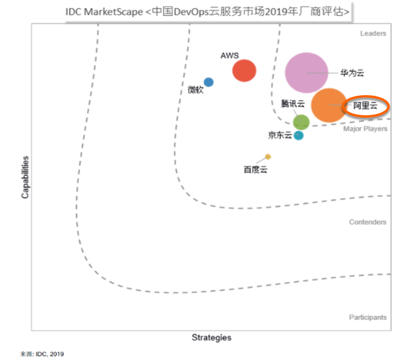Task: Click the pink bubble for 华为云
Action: click(306, 72)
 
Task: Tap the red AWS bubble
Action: click(244, 71)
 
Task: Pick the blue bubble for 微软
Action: click(208, 82)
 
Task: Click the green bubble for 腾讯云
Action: click(301, 122)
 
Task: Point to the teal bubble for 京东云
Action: click(299, 135)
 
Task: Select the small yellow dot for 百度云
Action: click(268, 156)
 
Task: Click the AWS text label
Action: click(229, 56)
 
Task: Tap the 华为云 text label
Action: click(352, 73)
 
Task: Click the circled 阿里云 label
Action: click(365, 107)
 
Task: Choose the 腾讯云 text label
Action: click(293, 104)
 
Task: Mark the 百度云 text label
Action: click(255, 169)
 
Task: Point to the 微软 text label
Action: click(195, 90)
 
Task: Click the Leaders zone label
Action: click(373, 34)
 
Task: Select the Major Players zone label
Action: click(365, 129)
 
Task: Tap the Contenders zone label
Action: click(367, 222)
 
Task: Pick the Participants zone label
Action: click(367, 317)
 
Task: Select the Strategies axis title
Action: click(211, 337)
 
